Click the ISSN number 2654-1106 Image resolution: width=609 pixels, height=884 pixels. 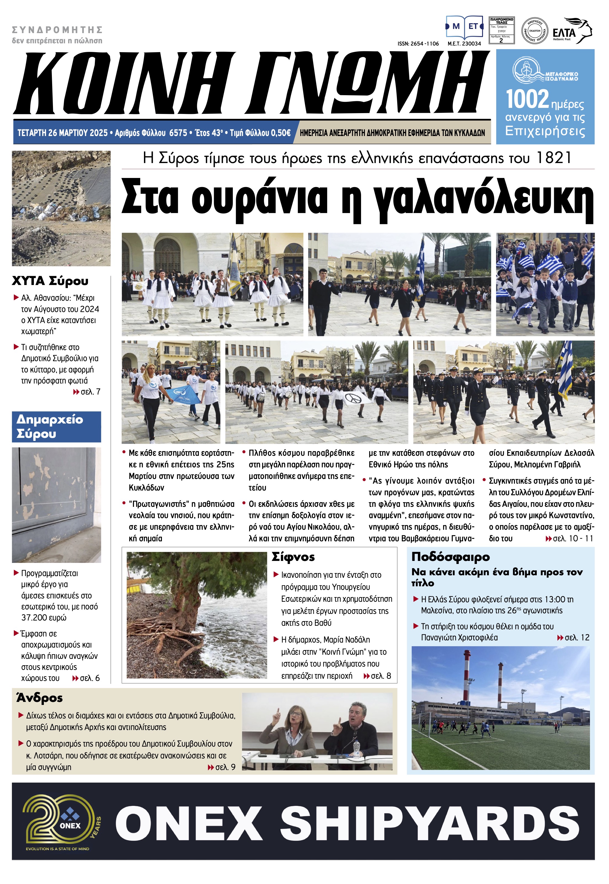point(418,44)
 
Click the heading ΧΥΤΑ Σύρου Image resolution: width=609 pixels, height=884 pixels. point(50,281)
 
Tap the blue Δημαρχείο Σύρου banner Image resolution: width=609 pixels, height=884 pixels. point(56,426)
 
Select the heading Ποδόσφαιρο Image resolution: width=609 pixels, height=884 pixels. point(450,557)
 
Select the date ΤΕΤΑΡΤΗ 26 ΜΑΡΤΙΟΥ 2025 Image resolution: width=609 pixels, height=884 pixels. point(63,133)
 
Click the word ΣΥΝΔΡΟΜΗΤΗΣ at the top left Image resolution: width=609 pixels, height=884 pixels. point(57,30)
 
